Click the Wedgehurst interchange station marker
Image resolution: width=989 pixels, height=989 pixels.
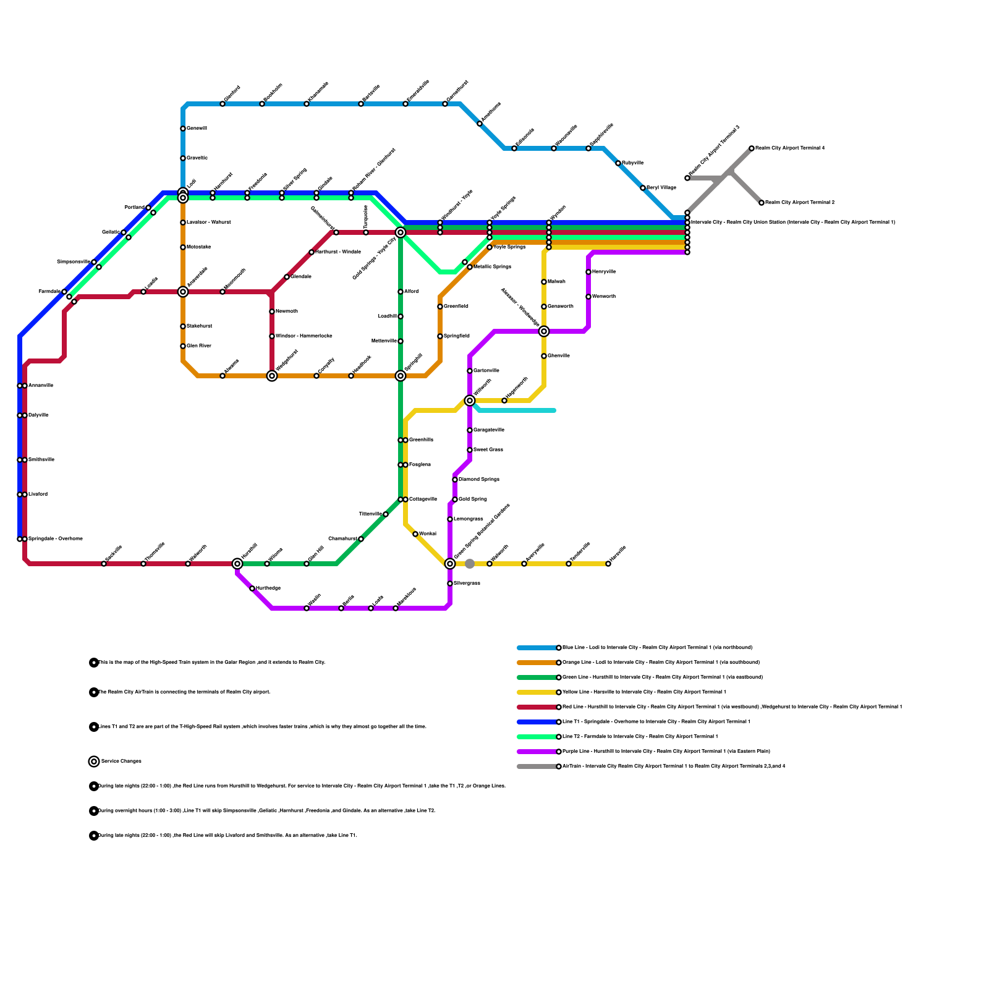coord(272,376)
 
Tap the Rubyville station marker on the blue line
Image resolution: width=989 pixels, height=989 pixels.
coord(618,163)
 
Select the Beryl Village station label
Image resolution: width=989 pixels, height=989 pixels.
coord(661,188)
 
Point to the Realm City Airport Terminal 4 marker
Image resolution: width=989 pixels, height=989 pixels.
coord(752,148)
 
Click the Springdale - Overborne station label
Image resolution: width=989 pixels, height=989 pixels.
coord(56,539)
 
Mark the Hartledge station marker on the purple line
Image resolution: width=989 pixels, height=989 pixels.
coord(252,588)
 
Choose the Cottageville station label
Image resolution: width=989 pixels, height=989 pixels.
coord(423,499)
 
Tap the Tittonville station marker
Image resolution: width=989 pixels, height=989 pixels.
coord(386,514)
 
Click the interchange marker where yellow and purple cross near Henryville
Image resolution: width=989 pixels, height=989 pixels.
coord(544,331)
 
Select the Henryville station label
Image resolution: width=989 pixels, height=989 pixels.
coord(604,272)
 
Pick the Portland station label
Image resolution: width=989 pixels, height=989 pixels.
coord(134,208)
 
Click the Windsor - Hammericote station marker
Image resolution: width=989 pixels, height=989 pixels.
coord(272,336)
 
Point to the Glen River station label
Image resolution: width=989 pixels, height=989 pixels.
coord(199,346)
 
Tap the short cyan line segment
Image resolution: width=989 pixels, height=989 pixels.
coord(519,410)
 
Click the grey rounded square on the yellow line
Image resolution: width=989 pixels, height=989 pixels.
coord(470,564)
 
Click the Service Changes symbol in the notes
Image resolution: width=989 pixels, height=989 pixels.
coord(94,762)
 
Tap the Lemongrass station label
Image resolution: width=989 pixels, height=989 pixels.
coord(469,519)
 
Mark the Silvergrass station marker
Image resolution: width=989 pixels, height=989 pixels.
coord(450,584)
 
